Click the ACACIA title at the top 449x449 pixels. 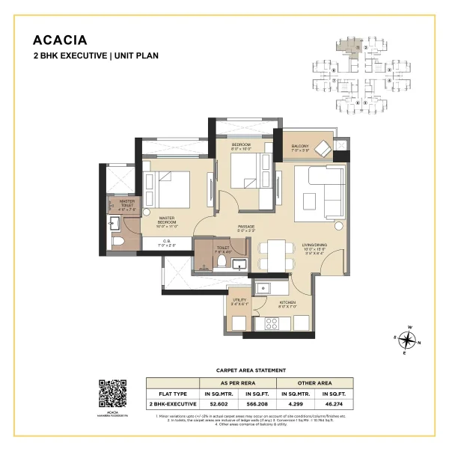(61, 40)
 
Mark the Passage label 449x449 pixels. (247, 227)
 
